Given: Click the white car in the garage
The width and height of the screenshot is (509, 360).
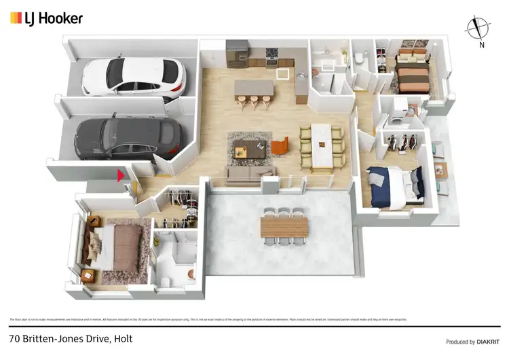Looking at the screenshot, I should coord(133,76).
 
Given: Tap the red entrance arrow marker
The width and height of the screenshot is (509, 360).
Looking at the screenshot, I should coord(121,176).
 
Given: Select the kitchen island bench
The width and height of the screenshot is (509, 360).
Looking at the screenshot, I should coord(254,89).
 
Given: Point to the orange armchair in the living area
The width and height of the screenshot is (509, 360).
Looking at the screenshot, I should coord(280,146).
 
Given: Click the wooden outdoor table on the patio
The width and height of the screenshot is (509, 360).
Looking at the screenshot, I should coord(284,226).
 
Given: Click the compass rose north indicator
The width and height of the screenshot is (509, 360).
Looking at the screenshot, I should coord(478,28).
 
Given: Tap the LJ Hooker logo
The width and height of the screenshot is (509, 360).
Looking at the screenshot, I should coord(46,18).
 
